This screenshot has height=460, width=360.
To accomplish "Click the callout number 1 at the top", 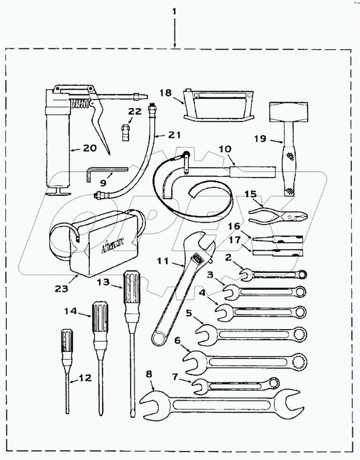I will (x=175, y=12).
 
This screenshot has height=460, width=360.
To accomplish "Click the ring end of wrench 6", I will (x=298, y=363).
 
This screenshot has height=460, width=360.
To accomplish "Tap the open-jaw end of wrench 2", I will (x=246, y=274).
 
